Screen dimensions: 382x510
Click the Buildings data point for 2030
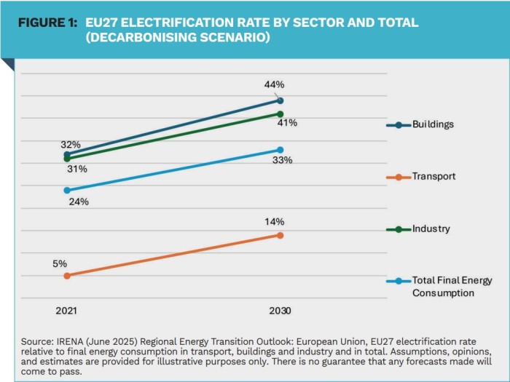(x=280, y=100)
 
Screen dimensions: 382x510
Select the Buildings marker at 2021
(x=67, y=154)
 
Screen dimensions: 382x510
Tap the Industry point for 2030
(x=280, y=114)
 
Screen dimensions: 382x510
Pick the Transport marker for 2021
(x=67, y=276)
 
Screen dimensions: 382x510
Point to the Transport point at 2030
(x=280, y=235)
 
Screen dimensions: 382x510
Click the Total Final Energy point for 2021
(x=67, y=190)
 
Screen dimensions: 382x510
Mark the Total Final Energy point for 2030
(x=280, y=150)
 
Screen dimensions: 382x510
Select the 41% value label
(x=286, y=124)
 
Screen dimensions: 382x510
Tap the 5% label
(x=60, y=263)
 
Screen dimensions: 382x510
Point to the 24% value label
(x=79, y=202)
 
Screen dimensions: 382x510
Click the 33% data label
(x=282, y=160)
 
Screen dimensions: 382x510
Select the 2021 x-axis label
(x=66, y=311)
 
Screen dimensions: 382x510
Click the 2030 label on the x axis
(x=279, y=311)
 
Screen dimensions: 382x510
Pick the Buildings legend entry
(x=433, y=124)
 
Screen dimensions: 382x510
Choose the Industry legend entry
(x=431, y=229)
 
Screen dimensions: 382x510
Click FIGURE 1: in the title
(x=47, y=23)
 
